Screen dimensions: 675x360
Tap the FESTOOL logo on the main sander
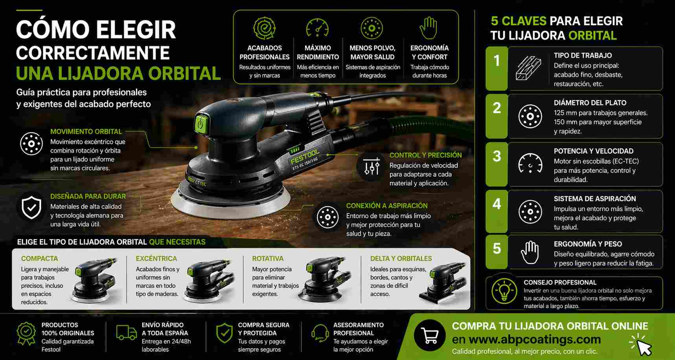click(x=305, y=156)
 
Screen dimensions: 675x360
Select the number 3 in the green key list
click(x=497, y=156)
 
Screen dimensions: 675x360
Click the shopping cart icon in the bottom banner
click(x=429, y=335)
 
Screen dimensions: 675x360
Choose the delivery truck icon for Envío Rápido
click(x=127, y=332)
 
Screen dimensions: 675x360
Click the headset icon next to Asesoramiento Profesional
click(x=320, y=333)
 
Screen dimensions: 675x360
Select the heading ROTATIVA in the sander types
click(x=268, y=259)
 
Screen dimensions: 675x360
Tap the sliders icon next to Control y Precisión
click(x=372, y=167)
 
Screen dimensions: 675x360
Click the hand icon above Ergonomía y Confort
click(x=429, y=28)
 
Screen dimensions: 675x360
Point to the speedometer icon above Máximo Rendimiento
click(x=317, y=28)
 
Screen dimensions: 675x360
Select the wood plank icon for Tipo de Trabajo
click(x=528, y=68)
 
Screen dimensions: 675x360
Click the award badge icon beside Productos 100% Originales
click(x=26, y=333)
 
